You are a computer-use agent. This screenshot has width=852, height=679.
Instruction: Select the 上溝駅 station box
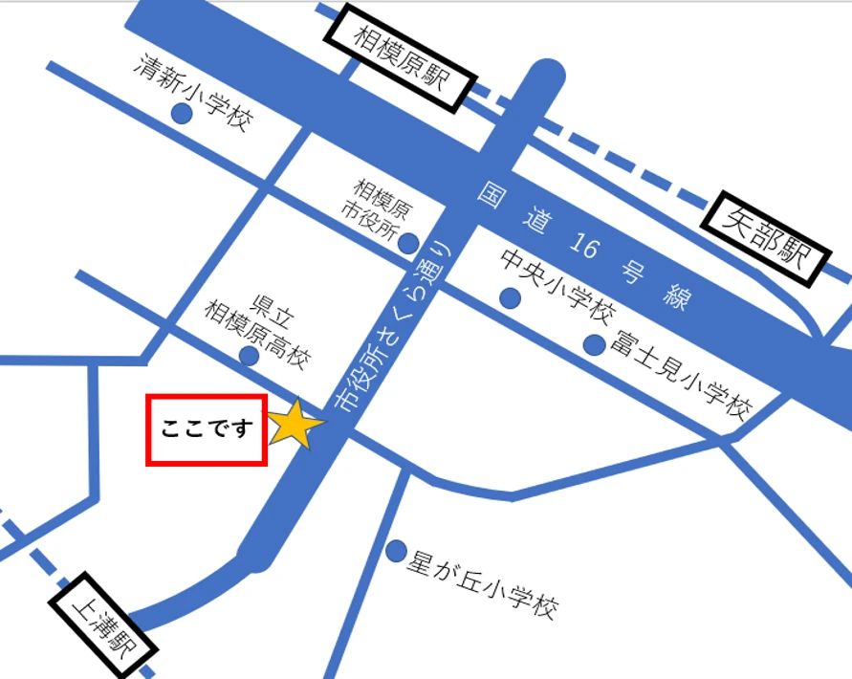coord(104,627)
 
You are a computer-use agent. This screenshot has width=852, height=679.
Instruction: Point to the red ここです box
coord(207,430)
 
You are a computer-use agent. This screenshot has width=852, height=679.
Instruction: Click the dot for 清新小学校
coord(181,114)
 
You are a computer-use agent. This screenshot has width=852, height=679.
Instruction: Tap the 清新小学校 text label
coord(195,92)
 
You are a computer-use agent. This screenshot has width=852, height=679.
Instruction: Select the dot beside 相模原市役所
coord(408,242)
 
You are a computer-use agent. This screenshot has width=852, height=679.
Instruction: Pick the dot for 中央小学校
coord(511,298)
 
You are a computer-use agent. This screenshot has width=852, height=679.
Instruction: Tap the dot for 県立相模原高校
coord(249,356)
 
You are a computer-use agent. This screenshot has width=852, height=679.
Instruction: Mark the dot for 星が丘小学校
coord(396,551)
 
